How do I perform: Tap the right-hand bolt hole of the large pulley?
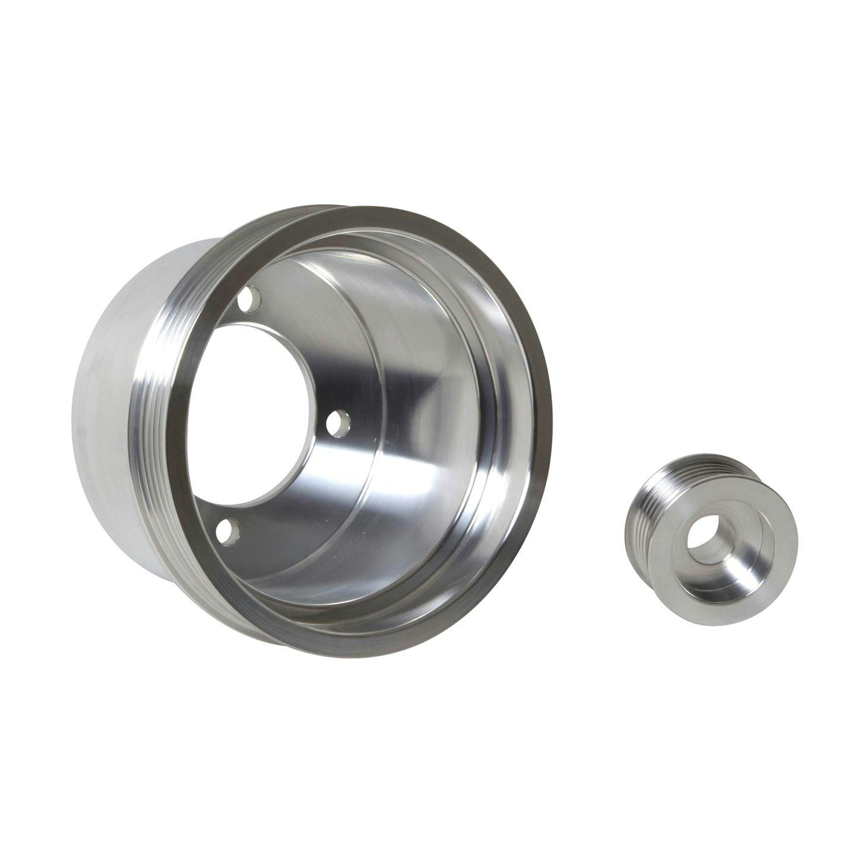point(339,422)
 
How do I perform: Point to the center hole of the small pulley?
point(706,531)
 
